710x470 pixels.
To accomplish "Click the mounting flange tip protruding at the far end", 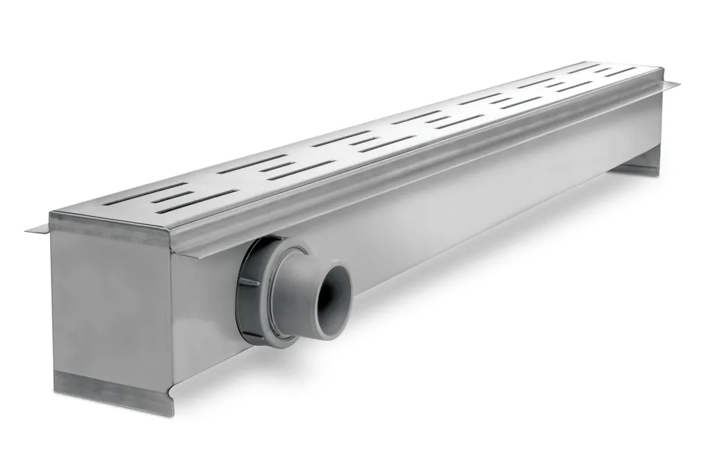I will [671, 85].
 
